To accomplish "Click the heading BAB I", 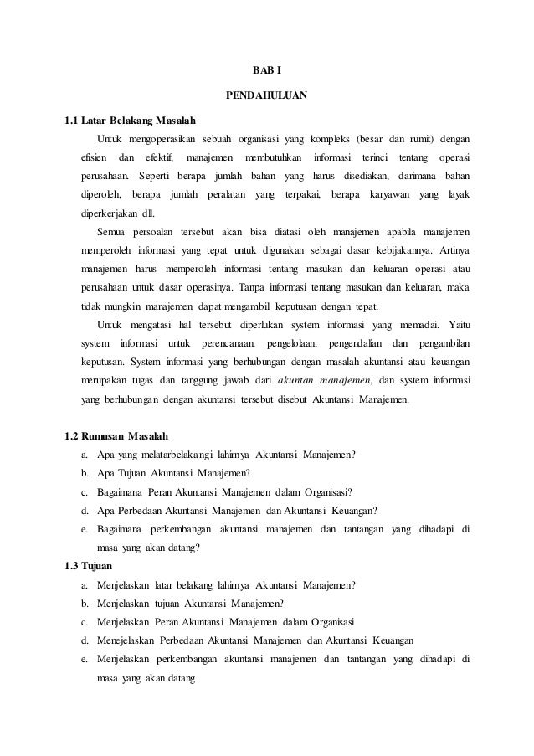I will pyautogui.click(x=267, y=71).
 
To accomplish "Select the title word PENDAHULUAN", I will pyautogui.click(x=267, y=95).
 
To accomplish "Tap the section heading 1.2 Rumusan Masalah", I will pyautogui.click(x=116, y=436).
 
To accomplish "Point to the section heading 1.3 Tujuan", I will pyautogui.click(x=82, y=564).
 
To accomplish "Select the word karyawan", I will pyautogui.click(x=388, y=197).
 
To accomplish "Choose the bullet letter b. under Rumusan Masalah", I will pyautogui.click(x=85, y=473).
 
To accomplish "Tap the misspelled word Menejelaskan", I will pyautogui.click(x=131, y=640).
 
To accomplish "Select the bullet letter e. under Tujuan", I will pyautogui.click(x=85, y=659).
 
